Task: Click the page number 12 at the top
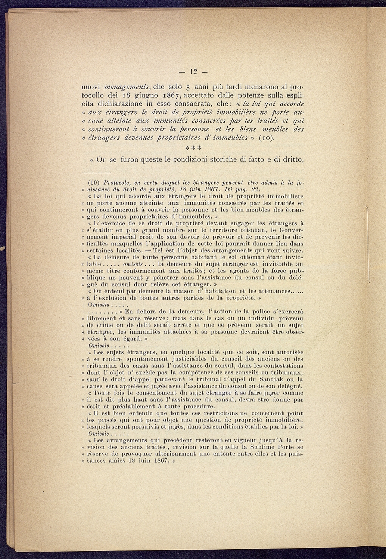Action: click(193, 71)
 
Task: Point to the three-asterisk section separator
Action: click(193, 149)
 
